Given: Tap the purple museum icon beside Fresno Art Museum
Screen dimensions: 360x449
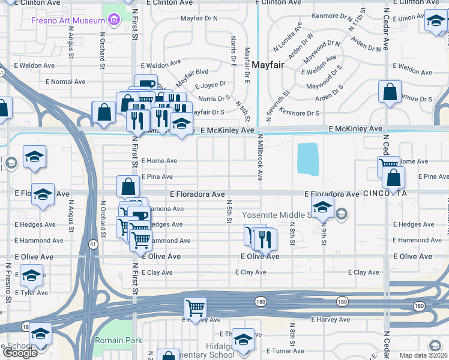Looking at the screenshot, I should click(113, 21).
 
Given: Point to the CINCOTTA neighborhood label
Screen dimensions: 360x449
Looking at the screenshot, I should click(385, 194).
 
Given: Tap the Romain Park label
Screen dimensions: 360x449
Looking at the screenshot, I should click(118, 341).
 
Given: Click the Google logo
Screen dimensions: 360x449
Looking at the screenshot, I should click(20, 353).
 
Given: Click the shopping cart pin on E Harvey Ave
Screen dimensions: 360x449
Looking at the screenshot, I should click(195, 308).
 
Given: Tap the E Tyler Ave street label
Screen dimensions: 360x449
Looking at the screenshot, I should click(31, 293).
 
